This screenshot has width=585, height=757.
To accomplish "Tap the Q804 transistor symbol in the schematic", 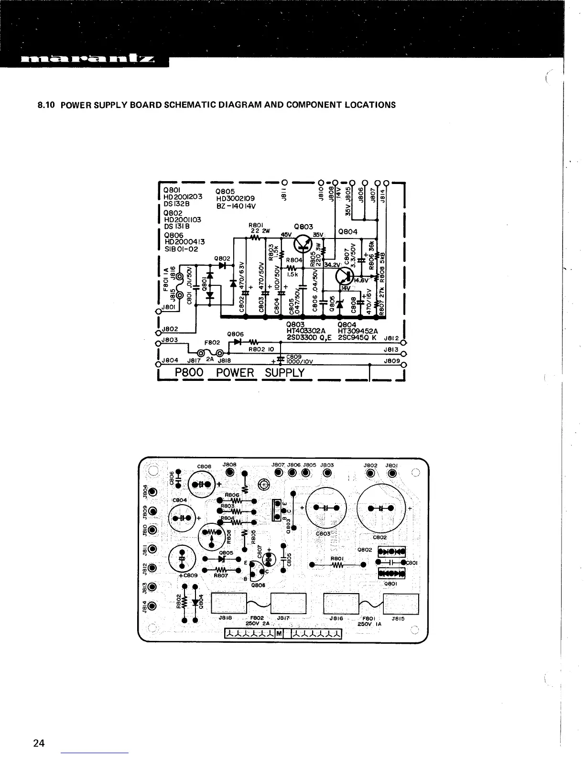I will (x=345, y=276).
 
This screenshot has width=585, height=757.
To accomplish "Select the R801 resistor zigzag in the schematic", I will (x=255, y=238).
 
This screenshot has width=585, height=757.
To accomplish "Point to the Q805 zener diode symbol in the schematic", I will (x=339, y=304).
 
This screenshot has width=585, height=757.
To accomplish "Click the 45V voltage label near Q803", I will (x=286, y=234).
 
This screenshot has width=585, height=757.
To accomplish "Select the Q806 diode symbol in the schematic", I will (x=238, y=342).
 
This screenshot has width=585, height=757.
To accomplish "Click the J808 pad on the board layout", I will (x=230, y=473).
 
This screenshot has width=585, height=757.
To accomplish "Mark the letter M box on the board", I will (x=278, y=634).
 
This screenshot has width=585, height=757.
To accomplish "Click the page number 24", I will (x=39, y=743).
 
